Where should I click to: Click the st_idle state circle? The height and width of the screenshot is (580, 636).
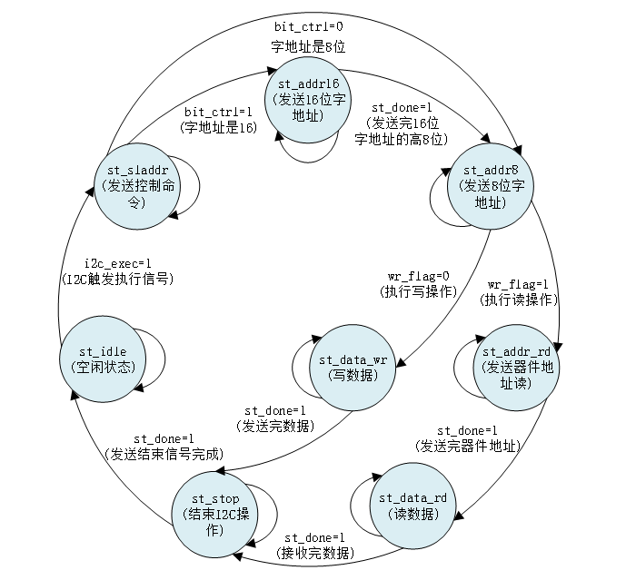point(99,358)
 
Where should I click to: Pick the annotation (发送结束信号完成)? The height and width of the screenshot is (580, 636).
point(164,454)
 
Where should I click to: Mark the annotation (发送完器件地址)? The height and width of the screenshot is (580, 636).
point(467,446)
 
